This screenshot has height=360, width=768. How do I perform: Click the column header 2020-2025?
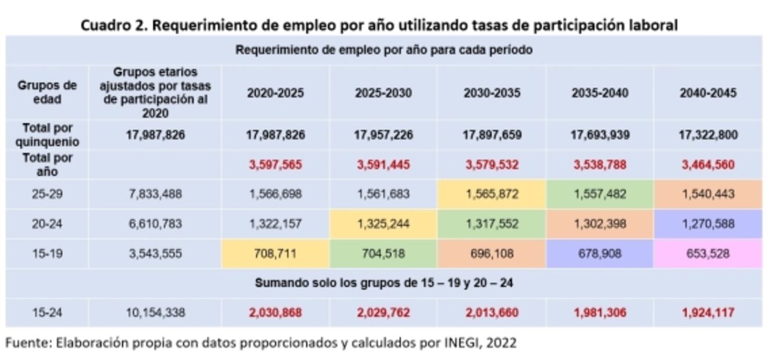tap(275, 93)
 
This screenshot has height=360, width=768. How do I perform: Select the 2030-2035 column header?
tap(491, 93)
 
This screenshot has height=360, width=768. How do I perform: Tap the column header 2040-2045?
tap(708, 93)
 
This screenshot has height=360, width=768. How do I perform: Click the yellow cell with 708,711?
tap(275, 254)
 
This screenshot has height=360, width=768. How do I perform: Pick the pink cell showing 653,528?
tap(708, 254)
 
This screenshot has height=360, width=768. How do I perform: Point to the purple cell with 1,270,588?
tap(708, 224)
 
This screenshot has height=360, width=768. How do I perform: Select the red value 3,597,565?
tap(275, 165)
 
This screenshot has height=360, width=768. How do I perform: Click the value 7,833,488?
tap(155, 194)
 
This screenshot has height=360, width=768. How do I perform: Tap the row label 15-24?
tap(46, 313)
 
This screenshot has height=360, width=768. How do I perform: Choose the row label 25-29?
tap(46, 194)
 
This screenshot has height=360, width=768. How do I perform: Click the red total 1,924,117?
tap(708, 313)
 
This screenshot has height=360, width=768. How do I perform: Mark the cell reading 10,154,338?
tap(155, 313)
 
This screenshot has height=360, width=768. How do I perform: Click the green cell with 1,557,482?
tap(600, 194)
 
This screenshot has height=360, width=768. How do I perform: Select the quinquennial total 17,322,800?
tap(708, 135)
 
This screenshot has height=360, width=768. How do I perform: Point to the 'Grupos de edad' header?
tap(46, 92)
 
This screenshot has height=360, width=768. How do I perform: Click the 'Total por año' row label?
tap(46, 164)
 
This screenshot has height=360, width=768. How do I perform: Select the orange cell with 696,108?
tap(491, 254)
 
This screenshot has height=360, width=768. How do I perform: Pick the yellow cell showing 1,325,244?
tap(383, 224)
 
